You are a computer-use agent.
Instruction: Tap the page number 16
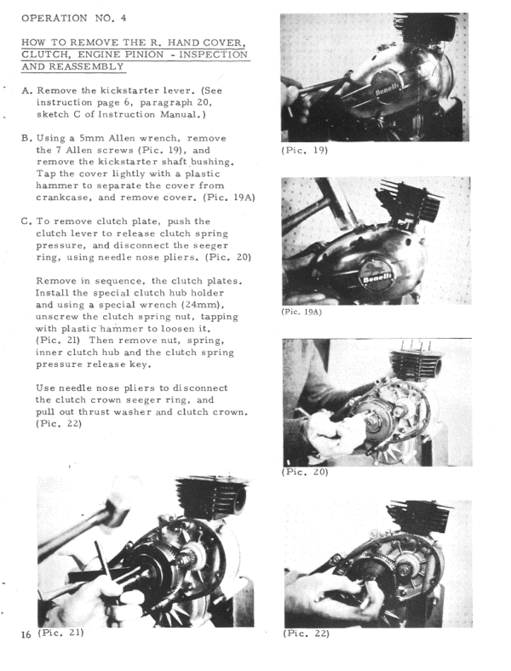coord(26,635)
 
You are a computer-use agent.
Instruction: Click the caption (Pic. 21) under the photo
coord(60,634)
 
